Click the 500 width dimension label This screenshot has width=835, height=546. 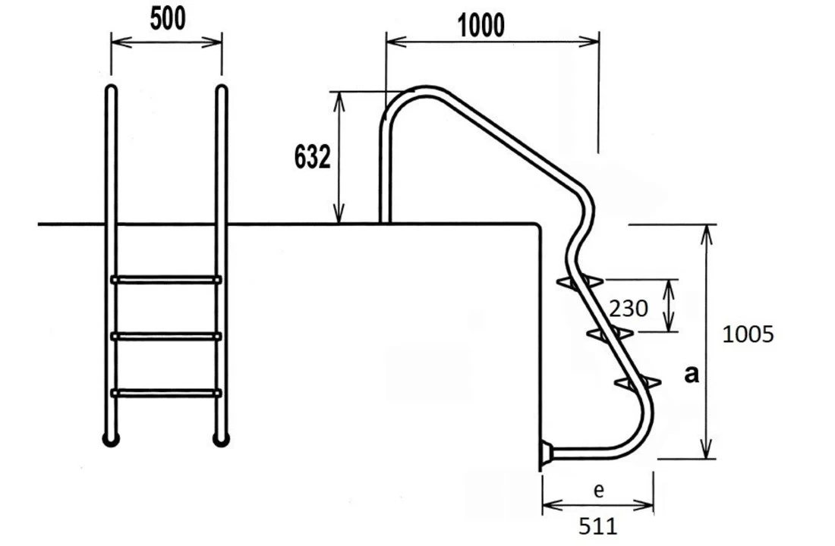pos(167,19)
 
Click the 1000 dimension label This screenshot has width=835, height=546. pos(481,26)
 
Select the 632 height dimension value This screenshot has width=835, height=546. pos(313,158)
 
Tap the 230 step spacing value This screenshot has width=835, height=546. pos(629,309)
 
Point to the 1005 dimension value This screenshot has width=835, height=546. pos(748,334)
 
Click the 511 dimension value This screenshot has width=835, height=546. pos(598,525)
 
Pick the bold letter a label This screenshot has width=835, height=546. pos(692,373)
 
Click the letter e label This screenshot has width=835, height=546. pos(599,491)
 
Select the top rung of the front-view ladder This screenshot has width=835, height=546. pos(166,280)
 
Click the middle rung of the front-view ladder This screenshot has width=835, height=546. pos(166,336)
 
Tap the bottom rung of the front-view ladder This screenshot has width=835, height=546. pos(166,392)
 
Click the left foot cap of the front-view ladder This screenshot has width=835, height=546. pos(111,439)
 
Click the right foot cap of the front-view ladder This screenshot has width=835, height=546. pos(221,439)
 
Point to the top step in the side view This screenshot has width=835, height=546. pos(580,282)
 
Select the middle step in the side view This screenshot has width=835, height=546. pos(610,333)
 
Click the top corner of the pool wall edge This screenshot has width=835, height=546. pos(537,225)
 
